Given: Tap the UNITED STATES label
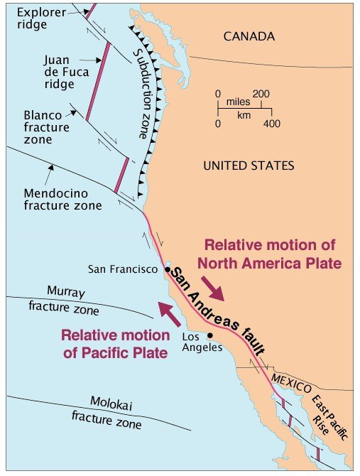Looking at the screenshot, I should pyautogui.click(x=248, y=166).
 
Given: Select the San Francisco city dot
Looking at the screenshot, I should pyautogui.click(x=167, y=270).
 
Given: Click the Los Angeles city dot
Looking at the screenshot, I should pyautogui.click(x=210, y=335).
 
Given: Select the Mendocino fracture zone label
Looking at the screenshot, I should pyautogui.click(x=62, y=199).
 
